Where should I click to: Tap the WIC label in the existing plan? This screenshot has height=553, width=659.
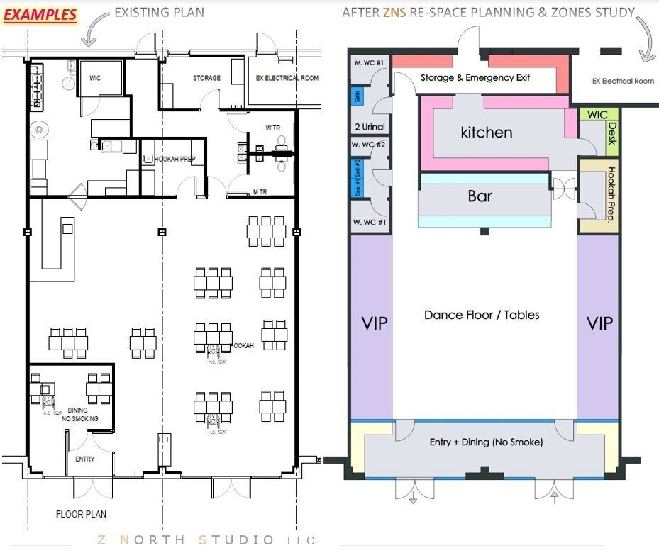95,78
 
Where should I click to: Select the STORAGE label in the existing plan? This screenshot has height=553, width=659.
206,78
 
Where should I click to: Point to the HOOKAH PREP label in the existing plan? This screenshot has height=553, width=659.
175,160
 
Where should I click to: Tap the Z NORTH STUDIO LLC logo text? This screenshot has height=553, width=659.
206,540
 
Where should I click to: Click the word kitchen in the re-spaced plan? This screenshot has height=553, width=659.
486,132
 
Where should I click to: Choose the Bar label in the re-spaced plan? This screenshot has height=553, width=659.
480,196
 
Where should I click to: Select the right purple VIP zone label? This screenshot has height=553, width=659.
599,323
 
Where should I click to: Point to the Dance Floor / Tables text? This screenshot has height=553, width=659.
482,314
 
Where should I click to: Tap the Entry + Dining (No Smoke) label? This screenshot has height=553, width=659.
486,442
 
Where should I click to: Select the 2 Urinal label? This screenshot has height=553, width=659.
369,127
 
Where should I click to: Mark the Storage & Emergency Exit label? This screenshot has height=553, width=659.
475,77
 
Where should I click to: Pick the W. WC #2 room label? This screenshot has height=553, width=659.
368,145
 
